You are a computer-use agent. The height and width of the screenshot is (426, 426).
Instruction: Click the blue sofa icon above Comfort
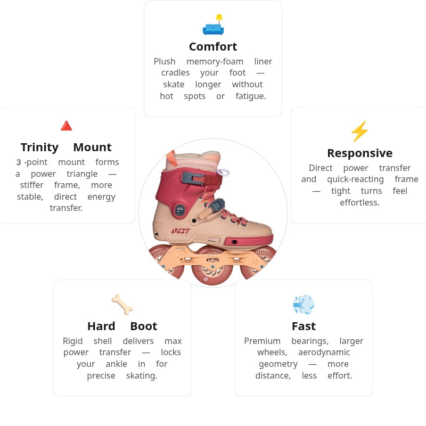click(213, 25)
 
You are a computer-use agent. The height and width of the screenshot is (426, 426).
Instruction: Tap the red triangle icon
click(66, 126)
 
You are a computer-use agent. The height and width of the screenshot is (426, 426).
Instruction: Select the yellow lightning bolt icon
click(359, 132)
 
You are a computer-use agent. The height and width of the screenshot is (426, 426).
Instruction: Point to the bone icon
click(122, 305)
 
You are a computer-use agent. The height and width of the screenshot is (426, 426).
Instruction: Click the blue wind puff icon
click(304, 304)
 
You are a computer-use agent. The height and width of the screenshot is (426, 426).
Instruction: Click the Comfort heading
click(213, 47)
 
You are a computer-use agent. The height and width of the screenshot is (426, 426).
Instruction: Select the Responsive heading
click(360, 153)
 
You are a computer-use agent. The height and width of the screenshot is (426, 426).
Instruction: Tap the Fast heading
click(304, 326)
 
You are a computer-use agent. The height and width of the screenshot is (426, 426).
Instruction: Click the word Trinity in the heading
click(39, 148)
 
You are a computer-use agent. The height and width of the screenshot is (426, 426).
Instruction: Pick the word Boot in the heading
click(144, 326)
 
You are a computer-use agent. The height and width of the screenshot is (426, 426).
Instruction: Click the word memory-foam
click(215, 62)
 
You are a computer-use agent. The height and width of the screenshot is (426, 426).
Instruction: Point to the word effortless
click(360, 202)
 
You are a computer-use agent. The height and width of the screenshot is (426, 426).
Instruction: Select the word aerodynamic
click(324, 353)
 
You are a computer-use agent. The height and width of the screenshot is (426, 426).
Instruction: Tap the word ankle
click(116, 364)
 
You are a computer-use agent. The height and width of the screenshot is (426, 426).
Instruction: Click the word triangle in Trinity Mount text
click(82, 174)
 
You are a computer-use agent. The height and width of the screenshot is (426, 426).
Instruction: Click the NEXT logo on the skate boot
click(181, 231)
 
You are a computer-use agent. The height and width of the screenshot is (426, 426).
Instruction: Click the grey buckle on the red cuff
click(193, 178)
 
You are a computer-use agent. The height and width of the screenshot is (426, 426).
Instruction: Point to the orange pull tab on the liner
click(171, 158)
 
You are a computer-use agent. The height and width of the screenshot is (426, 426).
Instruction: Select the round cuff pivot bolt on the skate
click(179, 210)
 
